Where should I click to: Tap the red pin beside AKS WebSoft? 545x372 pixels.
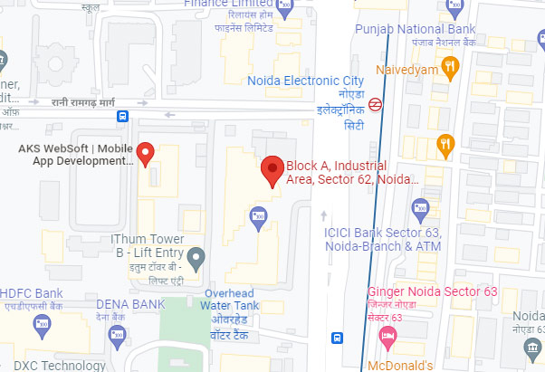click(146, 153)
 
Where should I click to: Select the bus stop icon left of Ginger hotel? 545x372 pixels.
click(337, 339)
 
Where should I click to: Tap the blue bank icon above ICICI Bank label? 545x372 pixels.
click(419, 211)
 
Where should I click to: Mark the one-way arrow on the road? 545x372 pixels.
click(325, 216)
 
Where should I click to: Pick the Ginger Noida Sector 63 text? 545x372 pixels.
click(433, 291)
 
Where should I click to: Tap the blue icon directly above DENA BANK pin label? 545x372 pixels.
click(116, 337)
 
